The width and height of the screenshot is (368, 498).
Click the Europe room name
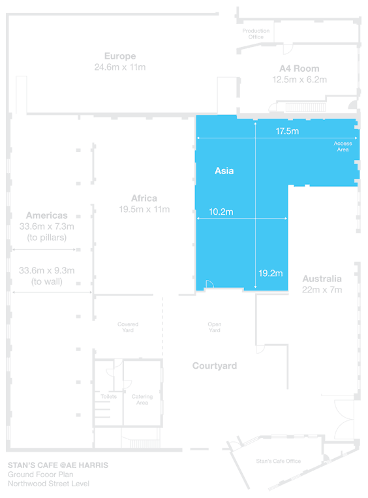click(120, 57)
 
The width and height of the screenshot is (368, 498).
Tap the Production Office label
click(256, 34)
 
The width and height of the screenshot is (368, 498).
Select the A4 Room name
click(299, 69)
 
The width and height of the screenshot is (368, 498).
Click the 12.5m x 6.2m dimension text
click(299, 80)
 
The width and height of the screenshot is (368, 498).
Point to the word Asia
click(224, 171)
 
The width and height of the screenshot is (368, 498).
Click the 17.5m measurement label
click(287, 131)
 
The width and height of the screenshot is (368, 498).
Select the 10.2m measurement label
click(221, 212)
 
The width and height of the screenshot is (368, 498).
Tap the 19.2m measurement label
click(271, 273)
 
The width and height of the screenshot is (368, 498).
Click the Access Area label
click(343, 146)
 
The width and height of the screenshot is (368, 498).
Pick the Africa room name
click(144, 198)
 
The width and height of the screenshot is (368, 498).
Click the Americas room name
click(47, 215)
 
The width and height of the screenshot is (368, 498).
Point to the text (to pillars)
click(47, 238)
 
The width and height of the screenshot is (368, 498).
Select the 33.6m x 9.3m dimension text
click(47, 271)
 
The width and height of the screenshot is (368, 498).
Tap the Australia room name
click(322, 279)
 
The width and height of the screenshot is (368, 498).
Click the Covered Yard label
click(128, 327)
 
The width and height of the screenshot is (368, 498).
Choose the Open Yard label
click(215, 327)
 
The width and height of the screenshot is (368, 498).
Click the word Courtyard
click(215, 366)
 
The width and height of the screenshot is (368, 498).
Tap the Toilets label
click(108, 397)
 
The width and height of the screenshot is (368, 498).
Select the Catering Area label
click(142, 399)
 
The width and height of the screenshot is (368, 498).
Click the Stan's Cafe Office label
click(279, 461)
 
